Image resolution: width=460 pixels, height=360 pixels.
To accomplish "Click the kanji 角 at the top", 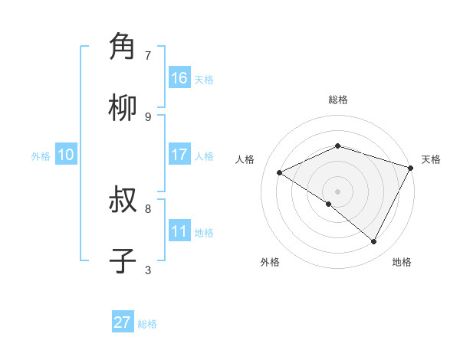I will tap(123, 47).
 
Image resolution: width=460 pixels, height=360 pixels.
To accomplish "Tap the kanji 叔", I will tap(123, 201).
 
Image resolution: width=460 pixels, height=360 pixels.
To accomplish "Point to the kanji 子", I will tap(123, 261).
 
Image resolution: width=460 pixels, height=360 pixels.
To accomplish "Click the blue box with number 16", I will tap(179, 78).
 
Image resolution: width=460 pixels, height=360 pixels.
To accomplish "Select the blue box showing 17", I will tap(179, 155).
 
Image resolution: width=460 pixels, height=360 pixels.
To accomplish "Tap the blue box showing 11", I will tap(179, 231).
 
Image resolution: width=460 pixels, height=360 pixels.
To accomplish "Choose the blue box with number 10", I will tap(66, 155).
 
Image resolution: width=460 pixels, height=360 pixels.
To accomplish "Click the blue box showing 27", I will tap(123, 322).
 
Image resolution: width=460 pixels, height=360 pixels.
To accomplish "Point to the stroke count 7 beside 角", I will tap(148, 55).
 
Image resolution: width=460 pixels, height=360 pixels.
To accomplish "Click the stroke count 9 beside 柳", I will tap(148, 116).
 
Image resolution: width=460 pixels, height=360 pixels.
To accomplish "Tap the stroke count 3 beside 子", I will tap(148, 270).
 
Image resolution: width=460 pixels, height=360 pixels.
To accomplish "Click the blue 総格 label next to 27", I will tap(147, 324).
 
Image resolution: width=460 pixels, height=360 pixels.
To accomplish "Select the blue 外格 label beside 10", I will tap(41, 155).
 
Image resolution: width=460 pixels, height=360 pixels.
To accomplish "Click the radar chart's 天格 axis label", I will tap(431, 159).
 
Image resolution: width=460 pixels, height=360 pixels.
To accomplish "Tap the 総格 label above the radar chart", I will tap(337, 100).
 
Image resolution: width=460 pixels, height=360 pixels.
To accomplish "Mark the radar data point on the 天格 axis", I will tap(411, 168).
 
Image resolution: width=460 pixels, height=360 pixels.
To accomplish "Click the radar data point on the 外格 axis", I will tap(329, 204).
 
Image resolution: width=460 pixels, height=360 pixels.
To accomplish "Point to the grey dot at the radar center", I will tap(337, 191).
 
